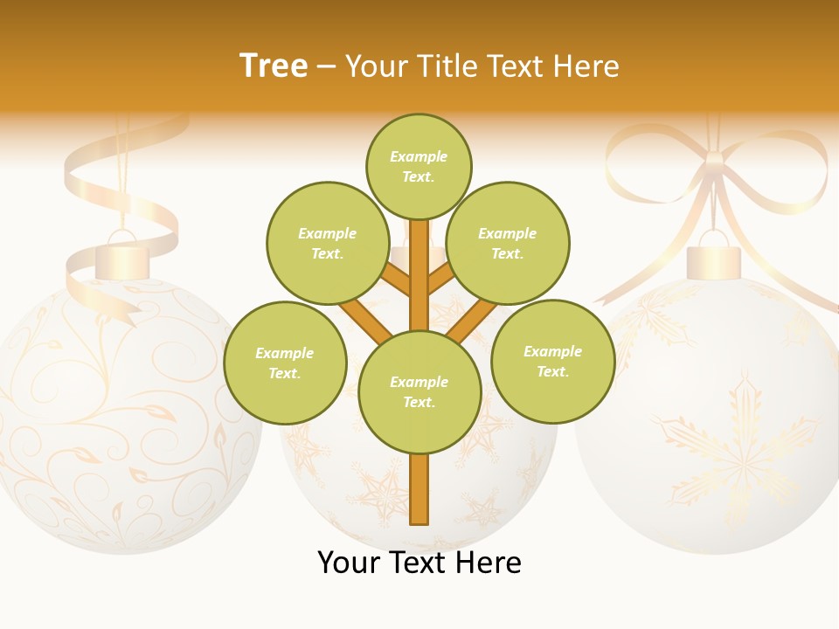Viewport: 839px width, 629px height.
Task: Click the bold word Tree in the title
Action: [274, 66]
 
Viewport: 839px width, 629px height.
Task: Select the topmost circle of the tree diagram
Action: [419, 166]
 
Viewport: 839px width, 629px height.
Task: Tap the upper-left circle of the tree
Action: [328, 243]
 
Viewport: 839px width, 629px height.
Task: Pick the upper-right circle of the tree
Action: [508, 243]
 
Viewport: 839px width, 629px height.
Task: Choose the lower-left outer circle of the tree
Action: [285, 363]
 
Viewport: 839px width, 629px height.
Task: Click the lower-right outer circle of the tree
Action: [552, 361]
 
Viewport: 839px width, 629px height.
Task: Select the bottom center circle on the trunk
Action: [419, 391]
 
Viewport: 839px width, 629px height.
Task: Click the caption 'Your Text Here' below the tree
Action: [419, 563]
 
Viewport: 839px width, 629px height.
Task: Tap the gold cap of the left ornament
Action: [122, 262]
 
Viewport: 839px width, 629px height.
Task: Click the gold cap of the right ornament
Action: [713, 262]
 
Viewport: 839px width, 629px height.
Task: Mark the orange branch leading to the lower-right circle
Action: [473, 320]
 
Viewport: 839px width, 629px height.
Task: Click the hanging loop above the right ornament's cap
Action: [713, 238]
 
